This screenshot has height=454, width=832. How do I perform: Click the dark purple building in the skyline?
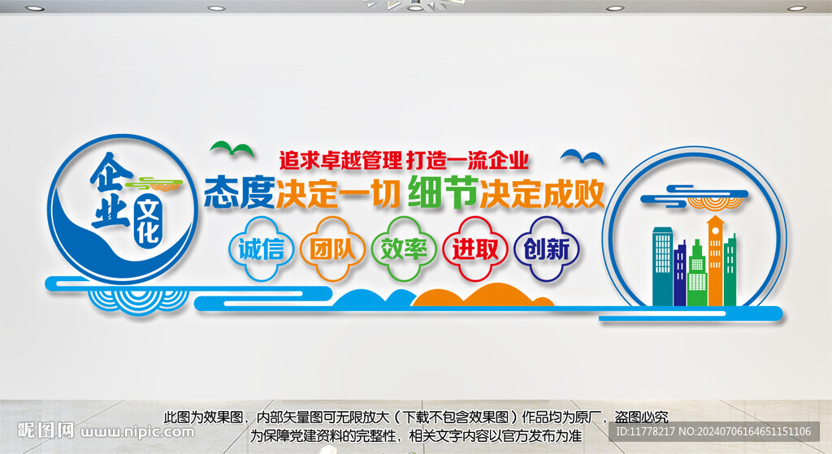click(680, 273)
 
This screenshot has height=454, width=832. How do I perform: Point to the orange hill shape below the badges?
click(479, 297)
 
